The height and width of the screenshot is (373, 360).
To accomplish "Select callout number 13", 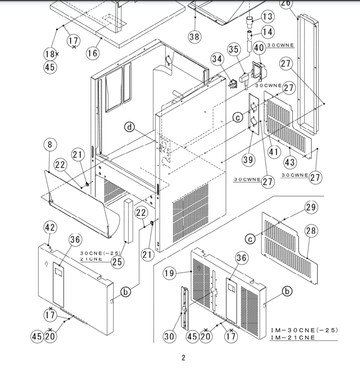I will click(268, 17).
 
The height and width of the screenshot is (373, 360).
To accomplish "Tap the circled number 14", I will click(268, 32).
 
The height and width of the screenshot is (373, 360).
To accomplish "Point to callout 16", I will click(93, 53).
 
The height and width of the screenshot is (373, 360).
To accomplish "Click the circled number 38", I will click(195, 36).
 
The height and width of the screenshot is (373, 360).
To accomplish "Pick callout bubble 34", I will click(217, 59).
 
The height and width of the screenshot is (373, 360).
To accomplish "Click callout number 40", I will click(259, 48).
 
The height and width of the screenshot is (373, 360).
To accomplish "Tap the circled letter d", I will click(130, 127).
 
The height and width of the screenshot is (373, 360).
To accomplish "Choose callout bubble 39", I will click(248, 160).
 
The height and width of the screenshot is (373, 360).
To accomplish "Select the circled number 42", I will click(50, 227).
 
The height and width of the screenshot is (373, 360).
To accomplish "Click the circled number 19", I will click(169, 273).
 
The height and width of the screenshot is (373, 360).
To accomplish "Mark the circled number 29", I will click(311, 207).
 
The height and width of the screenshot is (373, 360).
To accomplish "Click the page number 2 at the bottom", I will click(184, 358).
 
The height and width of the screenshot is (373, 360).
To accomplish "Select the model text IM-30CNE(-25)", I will click(304, 330).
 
